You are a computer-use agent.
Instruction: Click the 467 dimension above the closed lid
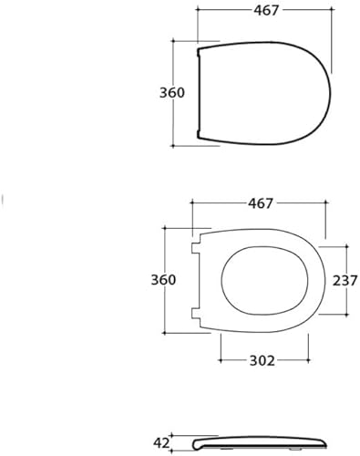[264, 10]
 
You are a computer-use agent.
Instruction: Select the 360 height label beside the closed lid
[171, 93]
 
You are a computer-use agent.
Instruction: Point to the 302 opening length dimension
[263, 360]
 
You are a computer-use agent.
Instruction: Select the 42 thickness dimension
[162, 443]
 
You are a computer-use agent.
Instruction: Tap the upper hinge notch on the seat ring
[196, 245]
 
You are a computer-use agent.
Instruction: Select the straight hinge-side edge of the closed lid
[200, 91]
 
